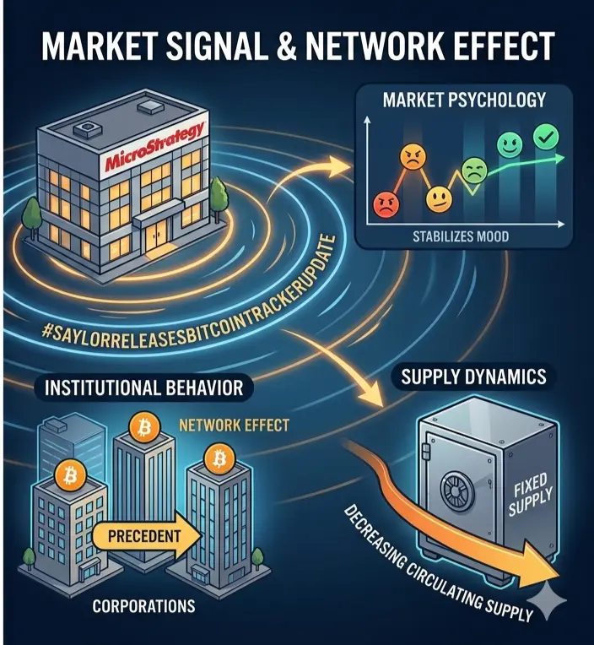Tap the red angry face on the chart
[x=386, y=203]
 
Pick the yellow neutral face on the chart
[x=438, y=199]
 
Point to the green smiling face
[x=510, y=144]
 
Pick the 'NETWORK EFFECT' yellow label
[x=235, y=425]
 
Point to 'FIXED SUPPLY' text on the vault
[x=530, y=495]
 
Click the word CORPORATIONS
[x=143, y=605]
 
